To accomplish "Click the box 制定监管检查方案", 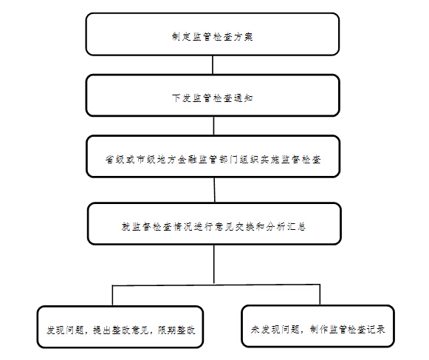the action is point(213,34).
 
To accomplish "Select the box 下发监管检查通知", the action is point(213,95).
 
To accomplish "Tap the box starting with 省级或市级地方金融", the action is point(213,157).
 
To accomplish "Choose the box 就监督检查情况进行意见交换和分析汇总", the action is point(214,223).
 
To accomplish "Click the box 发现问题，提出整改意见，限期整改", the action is point(120,327).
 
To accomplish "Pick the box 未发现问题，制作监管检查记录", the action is point(318,326).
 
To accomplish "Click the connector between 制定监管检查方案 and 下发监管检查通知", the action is point(213,65).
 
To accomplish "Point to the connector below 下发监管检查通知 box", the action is point(213,126).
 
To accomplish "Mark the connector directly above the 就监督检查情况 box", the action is point(214,190).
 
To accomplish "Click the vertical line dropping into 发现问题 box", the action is point(112,296).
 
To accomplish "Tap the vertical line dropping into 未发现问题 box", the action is point(320,295).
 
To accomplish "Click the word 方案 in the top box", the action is point(243,37).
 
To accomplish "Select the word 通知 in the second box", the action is point(243,98).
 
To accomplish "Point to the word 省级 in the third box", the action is point(115,159).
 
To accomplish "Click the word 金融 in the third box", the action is point(188,159).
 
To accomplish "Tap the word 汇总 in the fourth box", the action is point(296,227).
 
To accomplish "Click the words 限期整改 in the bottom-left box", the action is point(176,330).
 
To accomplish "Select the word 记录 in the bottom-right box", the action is point(376,329).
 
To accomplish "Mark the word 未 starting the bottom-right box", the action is point(255,329).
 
